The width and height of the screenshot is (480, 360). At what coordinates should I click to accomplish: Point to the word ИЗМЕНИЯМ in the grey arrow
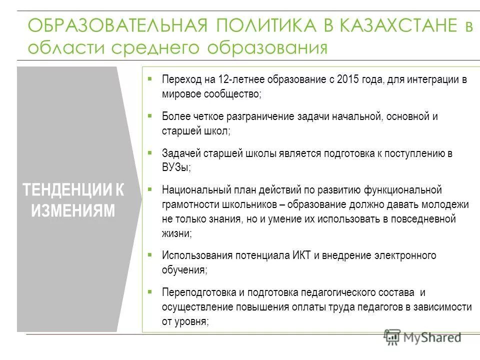(73, 210)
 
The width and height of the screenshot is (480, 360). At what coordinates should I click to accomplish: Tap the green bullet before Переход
(149, 79)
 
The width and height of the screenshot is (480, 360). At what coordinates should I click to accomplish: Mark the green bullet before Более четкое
(149, 115)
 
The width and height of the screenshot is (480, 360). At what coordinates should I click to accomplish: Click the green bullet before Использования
(149, 254)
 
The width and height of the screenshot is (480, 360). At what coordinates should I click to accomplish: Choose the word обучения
(183, 270)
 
